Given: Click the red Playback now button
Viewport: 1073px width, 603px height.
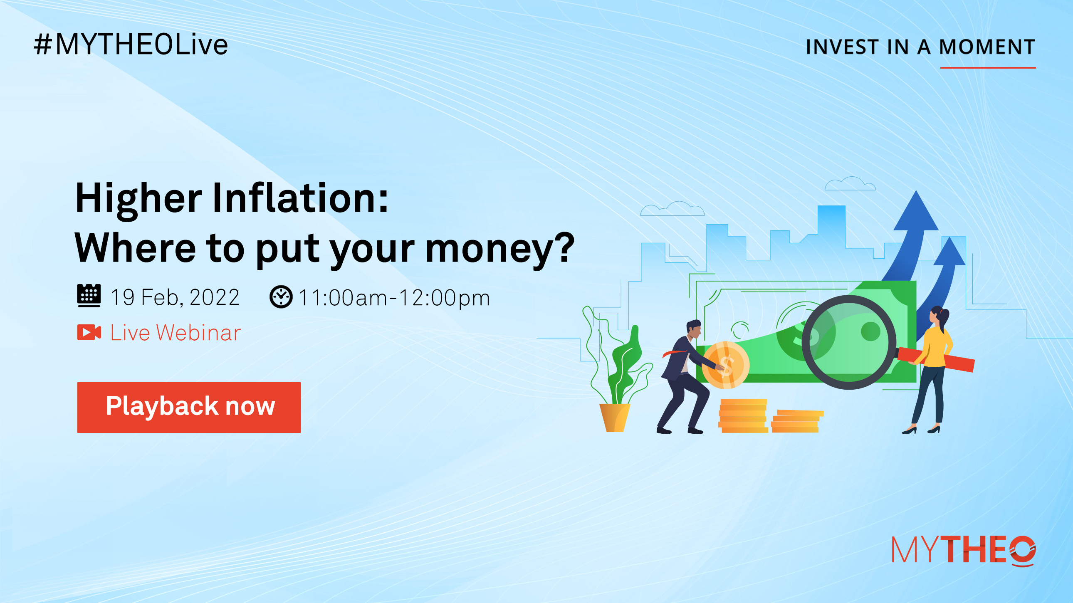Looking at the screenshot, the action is click(x=189, y=407).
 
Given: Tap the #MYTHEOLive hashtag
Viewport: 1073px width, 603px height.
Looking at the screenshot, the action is click(x=131, y=44).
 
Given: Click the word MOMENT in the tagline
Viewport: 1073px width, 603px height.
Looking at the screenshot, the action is click(x=987, y=47).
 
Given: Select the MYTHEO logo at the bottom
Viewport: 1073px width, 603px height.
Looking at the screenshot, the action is click(x=964, y=551).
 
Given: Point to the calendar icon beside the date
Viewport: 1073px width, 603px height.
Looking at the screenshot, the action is click(x=89, y=296).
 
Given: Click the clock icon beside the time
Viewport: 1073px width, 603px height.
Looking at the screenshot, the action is click(x=281, y=297).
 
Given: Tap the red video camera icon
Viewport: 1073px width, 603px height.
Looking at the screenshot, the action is click(x=89, y=332).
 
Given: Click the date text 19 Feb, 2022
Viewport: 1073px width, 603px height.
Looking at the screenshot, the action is click(x=175, y=297).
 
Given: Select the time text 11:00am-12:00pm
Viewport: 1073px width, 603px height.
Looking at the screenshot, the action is click(x=394, y=298).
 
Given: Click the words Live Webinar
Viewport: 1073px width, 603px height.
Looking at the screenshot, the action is click(x=176, y=333).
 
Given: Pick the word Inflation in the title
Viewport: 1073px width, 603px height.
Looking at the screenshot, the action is click(x=300, y=198).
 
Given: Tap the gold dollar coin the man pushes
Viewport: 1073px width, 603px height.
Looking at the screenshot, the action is click(x=726, y=365).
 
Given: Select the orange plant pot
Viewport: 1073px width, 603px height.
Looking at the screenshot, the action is click(x=614, y=417).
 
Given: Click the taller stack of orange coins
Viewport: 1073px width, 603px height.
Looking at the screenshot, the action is click(x=743, y=415).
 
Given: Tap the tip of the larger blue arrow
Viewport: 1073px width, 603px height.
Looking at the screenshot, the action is click(x=916, y=191).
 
